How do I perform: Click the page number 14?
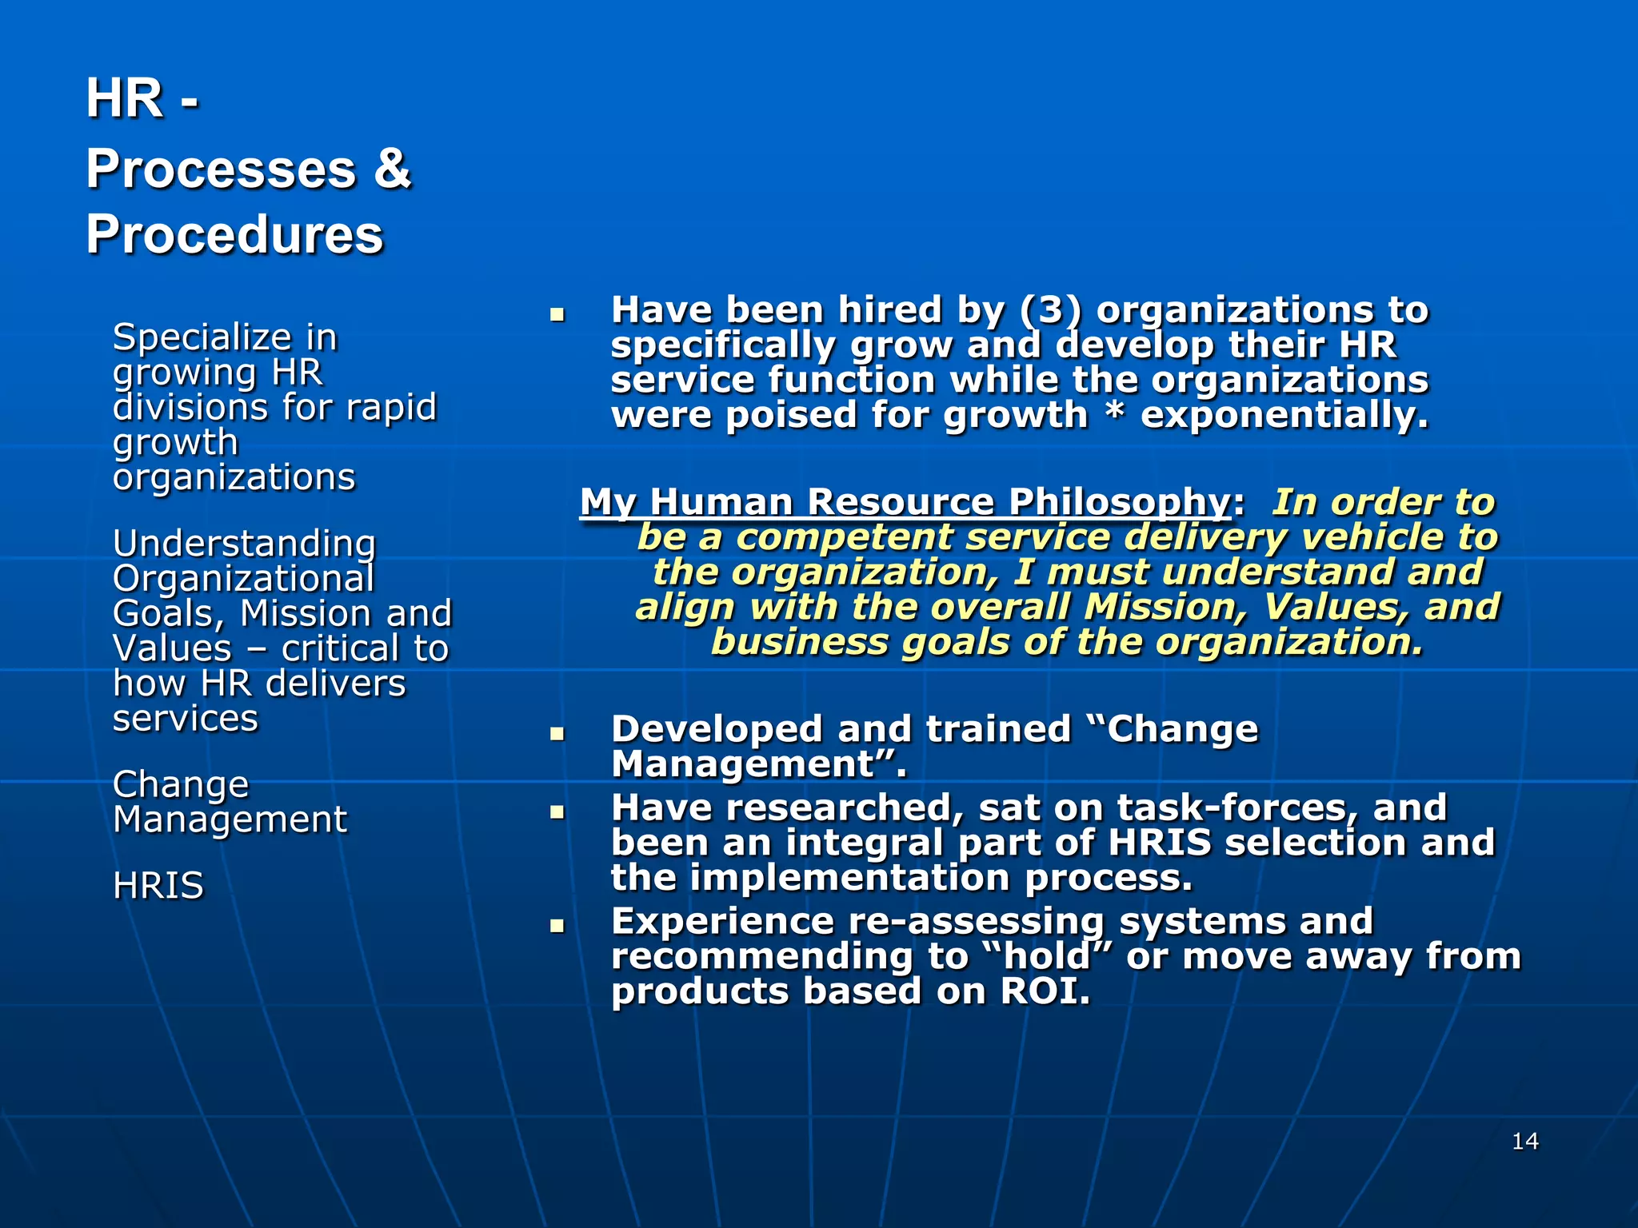pos(1525,1141)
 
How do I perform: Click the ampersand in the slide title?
pos(392,169)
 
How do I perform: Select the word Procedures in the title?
pos(234,235)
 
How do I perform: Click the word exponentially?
pos(1284,416)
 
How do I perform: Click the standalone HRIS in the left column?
pos(158,886)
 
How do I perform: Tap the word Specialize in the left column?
pos(202,337)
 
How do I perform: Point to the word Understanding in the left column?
pos(244,544)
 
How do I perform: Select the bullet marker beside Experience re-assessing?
pos(557,926)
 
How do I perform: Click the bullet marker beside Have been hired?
pos(557,314)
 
